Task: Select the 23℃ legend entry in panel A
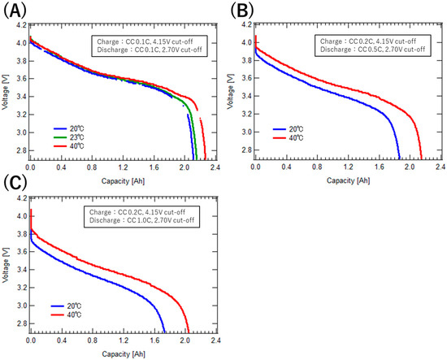(x=76, y=137)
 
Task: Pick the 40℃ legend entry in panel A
(x=76, y=147)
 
